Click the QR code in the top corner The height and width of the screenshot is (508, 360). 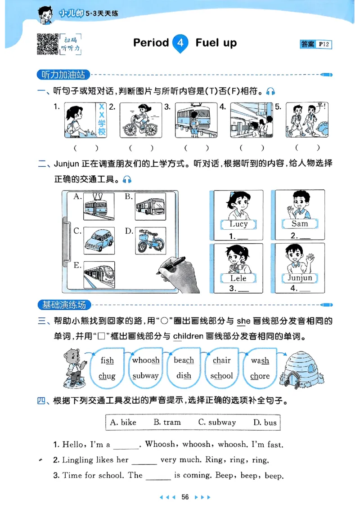[47, 44]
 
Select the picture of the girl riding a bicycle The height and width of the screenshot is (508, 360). [140, 120]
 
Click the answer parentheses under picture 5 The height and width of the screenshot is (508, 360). [308, 147]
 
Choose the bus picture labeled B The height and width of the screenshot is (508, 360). [150, 206]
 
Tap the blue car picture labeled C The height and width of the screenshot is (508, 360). [99, 241]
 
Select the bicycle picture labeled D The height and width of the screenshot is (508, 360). [150, 241]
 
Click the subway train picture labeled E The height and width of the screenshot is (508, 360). [99, 275]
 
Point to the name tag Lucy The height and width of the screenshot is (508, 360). [238, 224]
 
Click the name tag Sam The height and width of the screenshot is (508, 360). [300, 223]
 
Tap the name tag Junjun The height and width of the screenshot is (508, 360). [300, 277]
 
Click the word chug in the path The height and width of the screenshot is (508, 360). [107, 376]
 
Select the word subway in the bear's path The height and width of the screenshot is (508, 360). [146, 376]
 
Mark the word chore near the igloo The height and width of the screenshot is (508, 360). [260, 376]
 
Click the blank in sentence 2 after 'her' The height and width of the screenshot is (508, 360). [144, 461]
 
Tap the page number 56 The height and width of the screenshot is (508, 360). [184, 497]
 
